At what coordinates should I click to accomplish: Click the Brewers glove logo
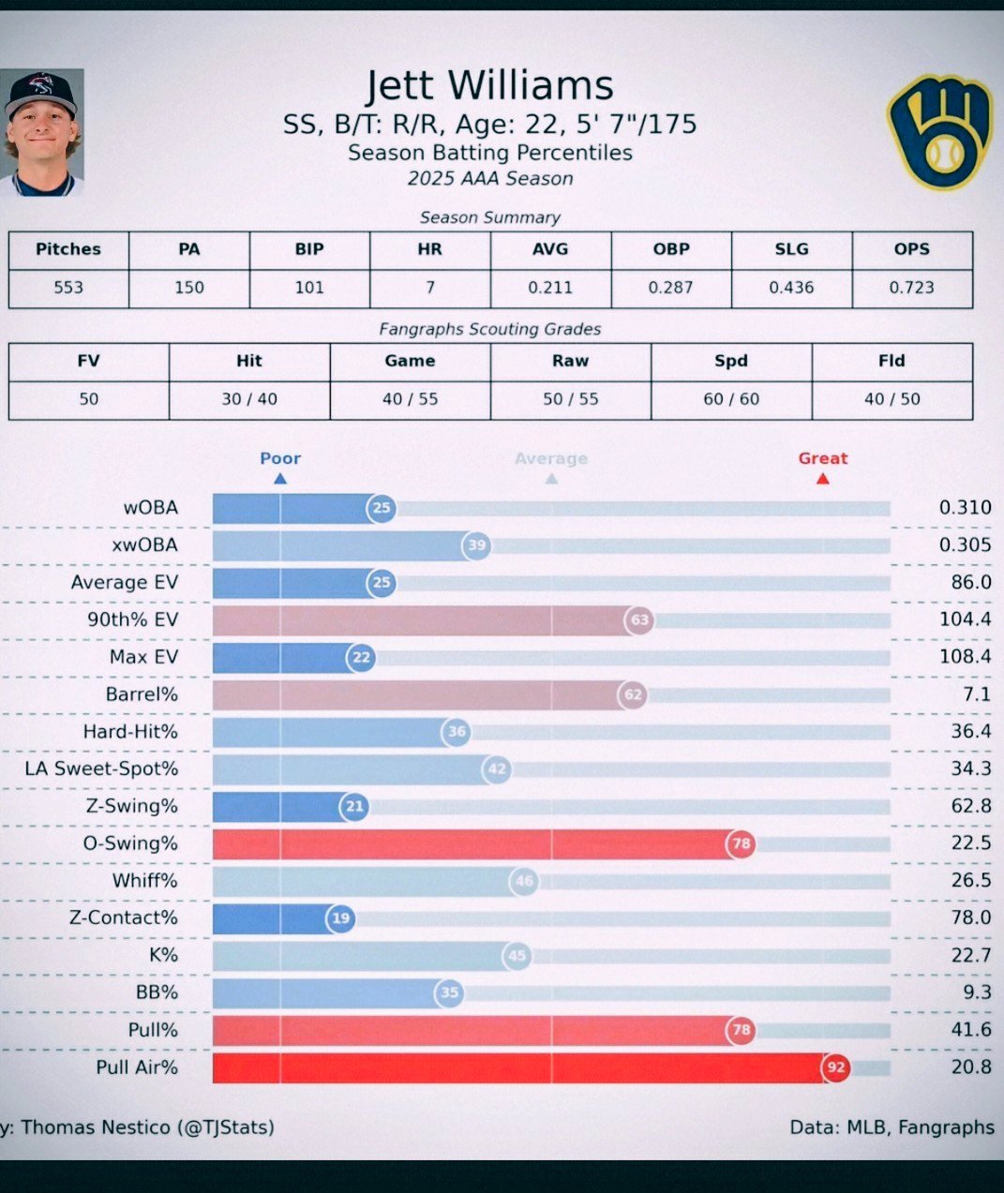coord(938,132)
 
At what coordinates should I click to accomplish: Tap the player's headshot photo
coord(42,132)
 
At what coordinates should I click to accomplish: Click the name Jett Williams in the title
coord(489,86)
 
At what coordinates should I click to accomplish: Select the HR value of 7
coord(430,288)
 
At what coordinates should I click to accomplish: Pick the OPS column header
coord(911,249)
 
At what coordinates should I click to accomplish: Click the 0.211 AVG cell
coord(550,288)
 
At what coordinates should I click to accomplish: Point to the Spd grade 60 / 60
coord(731,399)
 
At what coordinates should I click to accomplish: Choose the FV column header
coord(88,361)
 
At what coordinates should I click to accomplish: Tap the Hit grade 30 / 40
coord(249,399)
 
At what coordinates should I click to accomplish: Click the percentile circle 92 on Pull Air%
coord(835,1067)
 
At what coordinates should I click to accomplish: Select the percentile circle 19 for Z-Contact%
coord(340,918)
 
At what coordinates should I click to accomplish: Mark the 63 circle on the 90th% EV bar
coord(639,619)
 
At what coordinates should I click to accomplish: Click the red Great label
coord(822,458)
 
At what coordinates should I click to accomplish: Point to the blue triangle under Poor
coord(279,479)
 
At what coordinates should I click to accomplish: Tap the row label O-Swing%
coord(130,843)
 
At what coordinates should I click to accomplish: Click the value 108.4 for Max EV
coord(965,657)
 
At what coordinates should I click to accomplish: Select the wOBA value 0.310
coord(965,508)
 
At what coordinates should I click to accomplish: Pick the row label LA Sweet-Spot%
coord(101,769)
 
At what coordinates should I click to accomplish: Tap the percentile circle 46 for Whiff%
coord(524,881)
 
